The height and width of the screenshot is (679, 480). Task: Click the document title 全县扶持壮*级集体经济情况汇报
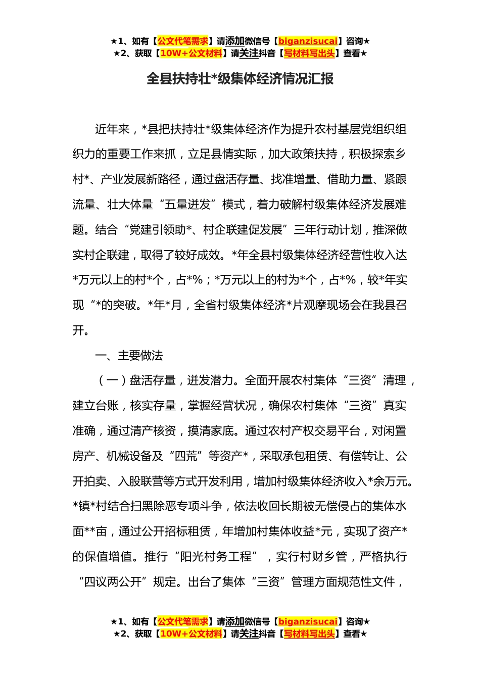240,79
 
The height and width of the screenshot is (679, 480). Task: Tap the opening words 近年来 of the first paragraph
112,129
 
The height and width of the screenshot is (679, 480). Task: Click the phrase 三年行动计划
327,230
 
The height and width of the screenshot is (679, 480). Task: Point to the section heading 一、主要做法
129,356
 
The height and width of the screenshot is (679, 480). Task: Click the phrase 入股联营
140,481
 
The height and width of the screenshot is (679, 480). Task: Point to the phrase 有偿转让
362,456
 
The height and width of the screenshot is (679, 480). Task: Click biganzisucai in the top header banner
308,41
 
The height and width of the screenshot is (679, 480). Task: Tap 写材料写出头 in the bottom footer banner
309,634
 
